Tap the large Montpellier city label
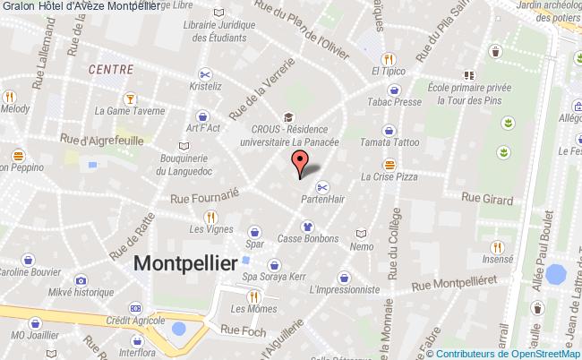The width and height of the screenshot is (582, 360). coord(185,262)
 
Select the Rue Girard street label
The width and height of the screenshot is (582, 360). coord(485,197)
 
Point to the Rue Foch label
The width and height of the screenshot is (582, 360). coord(243,330)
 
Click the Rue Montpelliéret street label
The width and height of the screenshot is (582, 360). coord(455,286)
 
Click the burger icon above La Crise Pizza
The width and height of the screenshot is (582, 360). coord(389,164)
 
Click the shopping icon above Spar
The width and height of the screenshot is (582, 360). coord(255,229)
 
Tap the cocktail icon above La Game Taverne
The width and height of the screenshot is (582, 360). coord(130,98)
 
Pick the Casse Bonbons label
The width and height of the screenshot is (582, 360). coord(307,239)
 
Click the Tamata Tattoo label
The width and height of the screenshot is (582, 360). coord(389,143)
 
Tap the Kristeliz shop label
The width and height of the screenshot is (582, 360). coord(205,88)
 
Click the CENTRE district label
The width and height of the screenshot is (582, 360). coord(111,69)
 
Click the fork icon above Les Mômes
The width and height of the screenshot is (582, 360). coord(253,296)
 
